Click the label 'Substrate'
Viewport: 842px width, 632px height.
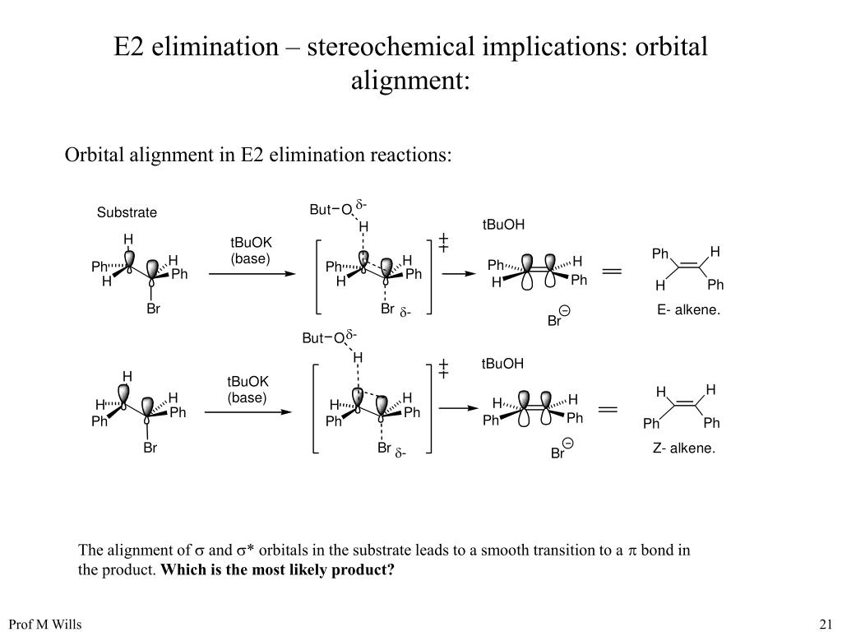click(127, 213)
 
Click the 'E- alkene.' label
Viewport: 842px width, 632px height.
click(688, 310)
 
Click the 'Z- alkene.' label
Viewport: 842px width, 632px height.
click(685, 448)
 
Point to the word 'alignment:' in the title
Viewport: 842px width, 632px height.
click(410, 81)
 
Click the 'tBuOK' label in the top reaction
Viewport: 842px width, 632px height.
click(251, 242)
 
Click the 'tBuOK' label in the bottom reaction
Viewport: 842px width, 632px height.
click(248, 382)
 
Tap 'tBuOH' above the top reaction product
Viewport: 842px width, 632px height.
click(503, 225)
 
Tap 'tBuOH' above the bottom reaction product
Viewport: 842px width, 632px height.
click(502, 364)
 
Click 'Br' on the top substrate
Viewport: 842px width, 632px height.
click(153, 309)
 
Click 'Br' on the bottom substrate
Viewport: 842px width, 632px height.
click(150, 448)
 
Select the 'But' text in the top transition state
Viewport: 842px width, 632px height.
click(319, 210)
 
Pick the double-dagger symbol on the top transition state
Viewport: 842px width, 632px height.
click(443, 243)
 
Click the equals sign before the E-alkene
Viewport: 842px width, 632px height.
click(612, 270)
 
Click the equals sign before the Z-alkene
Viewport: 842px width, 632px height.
click(608, 408)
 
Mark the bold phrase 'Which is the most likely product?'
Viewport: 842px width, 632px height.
click(277, 570)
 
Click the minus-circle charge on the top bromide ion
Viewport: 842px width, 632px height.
click(565, 311)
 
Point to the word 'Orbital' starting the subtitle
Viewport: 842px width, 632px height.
click(93, 156)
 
